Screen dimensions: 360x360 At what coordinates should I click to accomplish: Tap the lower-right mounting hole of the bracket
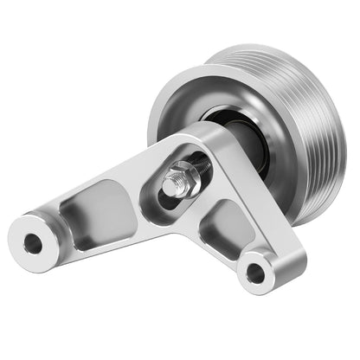(255, 273)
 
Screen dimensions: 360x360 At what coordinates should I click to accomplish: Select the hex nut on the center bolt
(183, 180)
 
